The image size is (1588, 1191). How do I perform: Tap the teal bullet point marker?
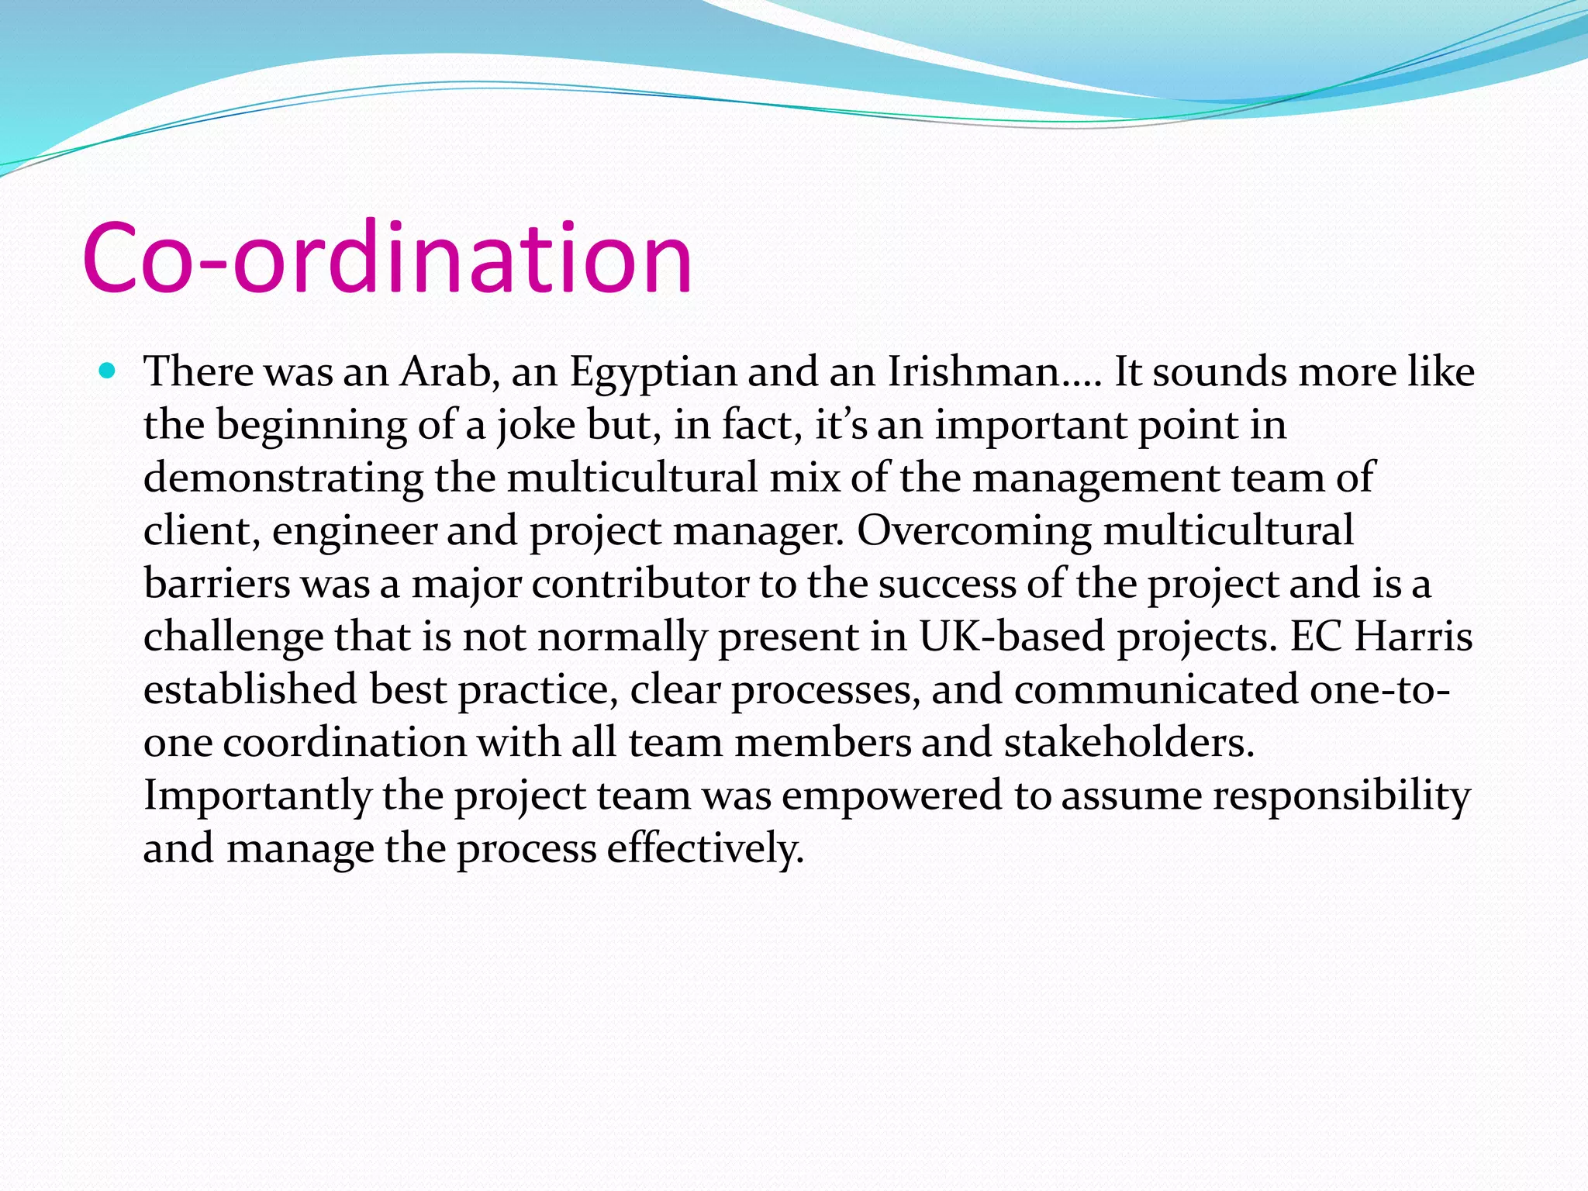pos(108,371)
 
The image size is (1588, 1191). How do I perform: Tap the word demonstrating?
pos(283,478)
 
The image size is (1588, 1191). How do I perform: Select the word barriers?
pos(216,583)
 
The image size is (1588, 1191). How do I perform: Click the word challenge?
pos(233,637)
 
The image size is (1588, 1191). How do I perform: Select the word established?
pos(250,689)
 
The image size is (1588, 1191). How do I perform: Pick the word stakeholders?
pos(1129,742)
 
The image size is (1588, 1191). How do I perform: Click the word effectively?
pos(705,848)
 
